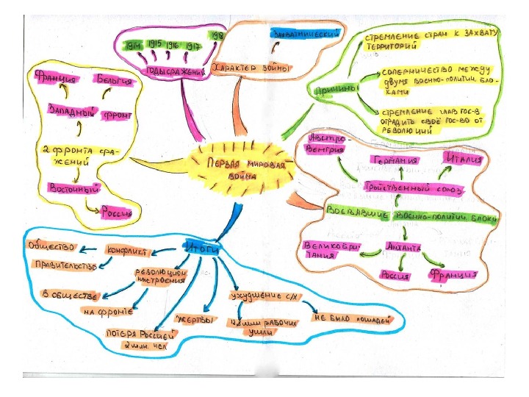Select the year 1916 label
coord(173,44)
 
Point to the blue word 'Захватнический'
coord(307,35)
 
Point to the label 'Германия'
coord(395,160)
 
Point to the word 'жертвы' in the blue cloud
coord(195,321)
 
